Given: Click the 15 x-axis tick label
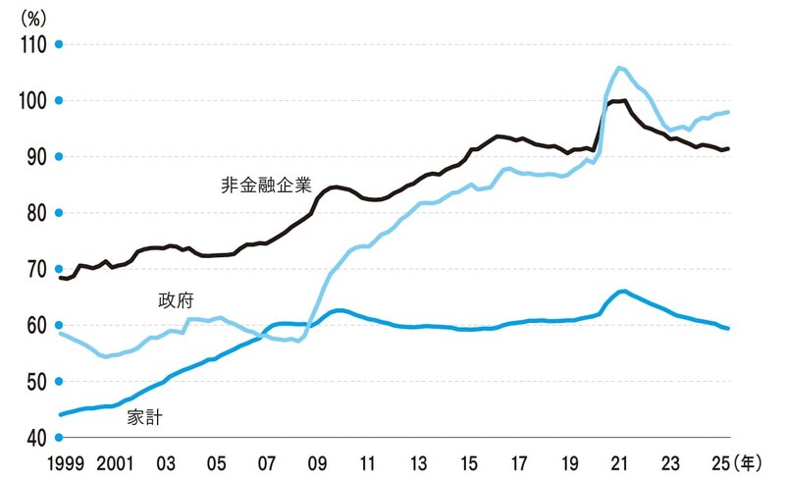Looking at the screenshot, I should coord(470,460).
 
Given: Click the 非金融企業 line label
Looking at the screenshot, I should coord(267,184).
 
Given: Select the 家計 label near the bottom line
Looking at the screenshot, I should coord(144,417).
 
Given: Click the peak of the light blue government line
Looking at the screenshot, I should coord(619,68).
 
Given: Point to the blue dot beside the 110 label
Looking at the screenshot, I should coord(59,44).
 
